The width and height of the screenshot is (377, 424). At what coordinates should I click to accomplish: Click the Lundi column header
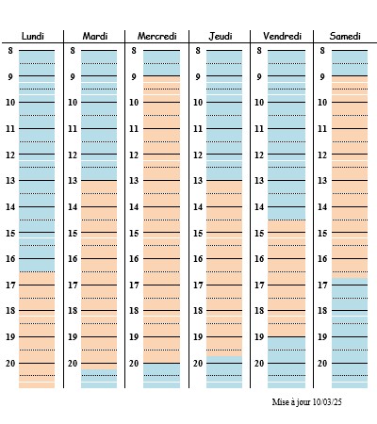pos(33,36)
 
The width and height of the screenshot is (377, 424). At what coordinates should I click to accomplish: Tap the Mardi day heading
pos(95,36)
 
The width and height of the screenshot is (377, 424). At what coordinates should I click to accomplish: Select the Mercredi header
pos(157,36)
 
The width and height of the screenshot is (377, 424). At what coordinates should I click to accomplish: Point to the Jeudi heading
pos(221,36)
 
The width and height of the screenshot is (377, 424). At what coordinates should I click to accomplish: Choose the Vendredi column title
pos(283,36)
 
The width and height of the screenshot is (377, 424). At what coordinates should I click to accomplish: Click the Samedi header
pos(345,36)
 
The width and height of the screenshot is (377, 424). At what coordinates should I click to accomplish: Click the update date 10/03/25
pos(327,402)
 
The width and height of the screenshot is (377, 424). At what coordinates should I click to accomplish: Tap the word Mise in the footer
pos(278,402)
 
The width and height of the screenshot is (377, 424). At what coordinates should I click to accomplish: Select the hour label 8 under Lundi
pos(10,50)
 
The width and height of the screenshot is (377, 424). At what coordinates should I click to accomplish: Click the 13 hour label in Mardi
pos(73,181)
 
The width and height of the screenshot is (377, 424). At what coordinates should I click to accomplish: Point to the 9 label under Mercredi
pos(134,76)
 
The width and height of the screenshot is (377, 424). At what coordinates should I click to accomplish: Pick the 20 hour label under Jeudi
pos(198,364)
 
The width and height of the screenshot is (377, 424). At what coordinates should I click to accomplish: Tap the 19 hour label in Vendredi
pos(259,337)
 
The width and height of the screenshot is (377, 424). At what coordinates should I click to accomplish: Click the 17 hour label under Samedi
pos(322,285)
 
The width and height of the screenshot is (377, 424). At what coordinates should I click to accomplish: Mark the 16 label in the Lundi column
pos(10,259)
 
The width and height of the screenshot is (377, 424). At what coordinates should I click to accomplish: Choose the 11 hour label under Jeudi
pos(198,129)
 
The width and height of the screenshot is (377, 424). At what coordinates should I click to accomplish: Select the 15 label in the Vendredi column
pos(259,234)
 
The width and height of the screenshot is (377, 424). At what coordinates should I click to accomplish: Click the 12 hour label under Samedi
pos(322,155)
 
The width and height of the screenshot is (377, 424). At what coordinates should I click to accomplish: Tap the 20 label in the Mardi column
pos(73,364)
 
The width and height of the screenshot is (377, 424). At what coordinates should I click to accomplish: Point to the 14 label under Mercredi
pos(134,207)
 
